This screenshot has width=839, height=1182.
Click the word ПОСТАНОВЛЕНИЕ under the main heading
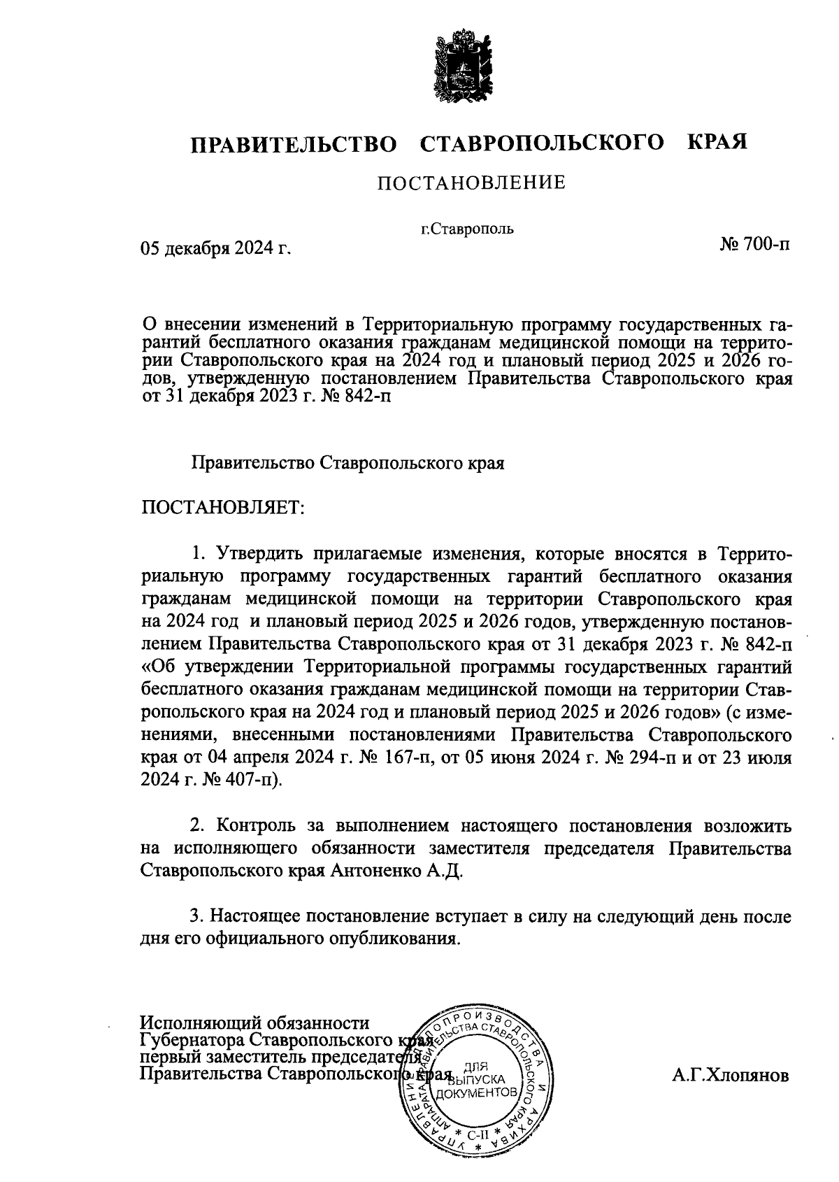[471, 183]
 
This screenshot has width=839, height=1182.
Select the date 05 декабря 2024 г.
[215, 248]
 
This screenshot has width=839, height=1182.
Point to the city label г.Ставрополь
[467, 228]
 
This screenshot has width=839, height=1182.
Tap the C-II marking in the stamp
[477, 1135]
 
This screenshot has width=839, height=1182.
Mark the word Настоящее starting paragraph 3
[256, 916]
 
